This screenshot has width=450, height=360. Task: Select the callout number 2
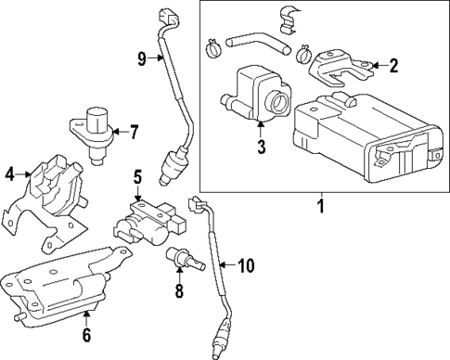pos(393,65)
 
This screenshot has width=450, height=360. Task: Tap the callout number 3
pos(263,146)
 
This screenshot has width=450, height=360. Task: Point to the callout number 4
pos(10,173)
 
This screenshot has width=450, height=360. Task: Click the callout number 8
pos(180,290)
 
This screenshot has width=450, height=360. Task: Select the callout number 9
pos(142,59)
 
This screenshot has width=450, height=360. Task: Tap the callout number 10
pos(245,266)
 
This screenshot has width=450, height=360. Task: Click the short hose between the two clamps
pos(253,41)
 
